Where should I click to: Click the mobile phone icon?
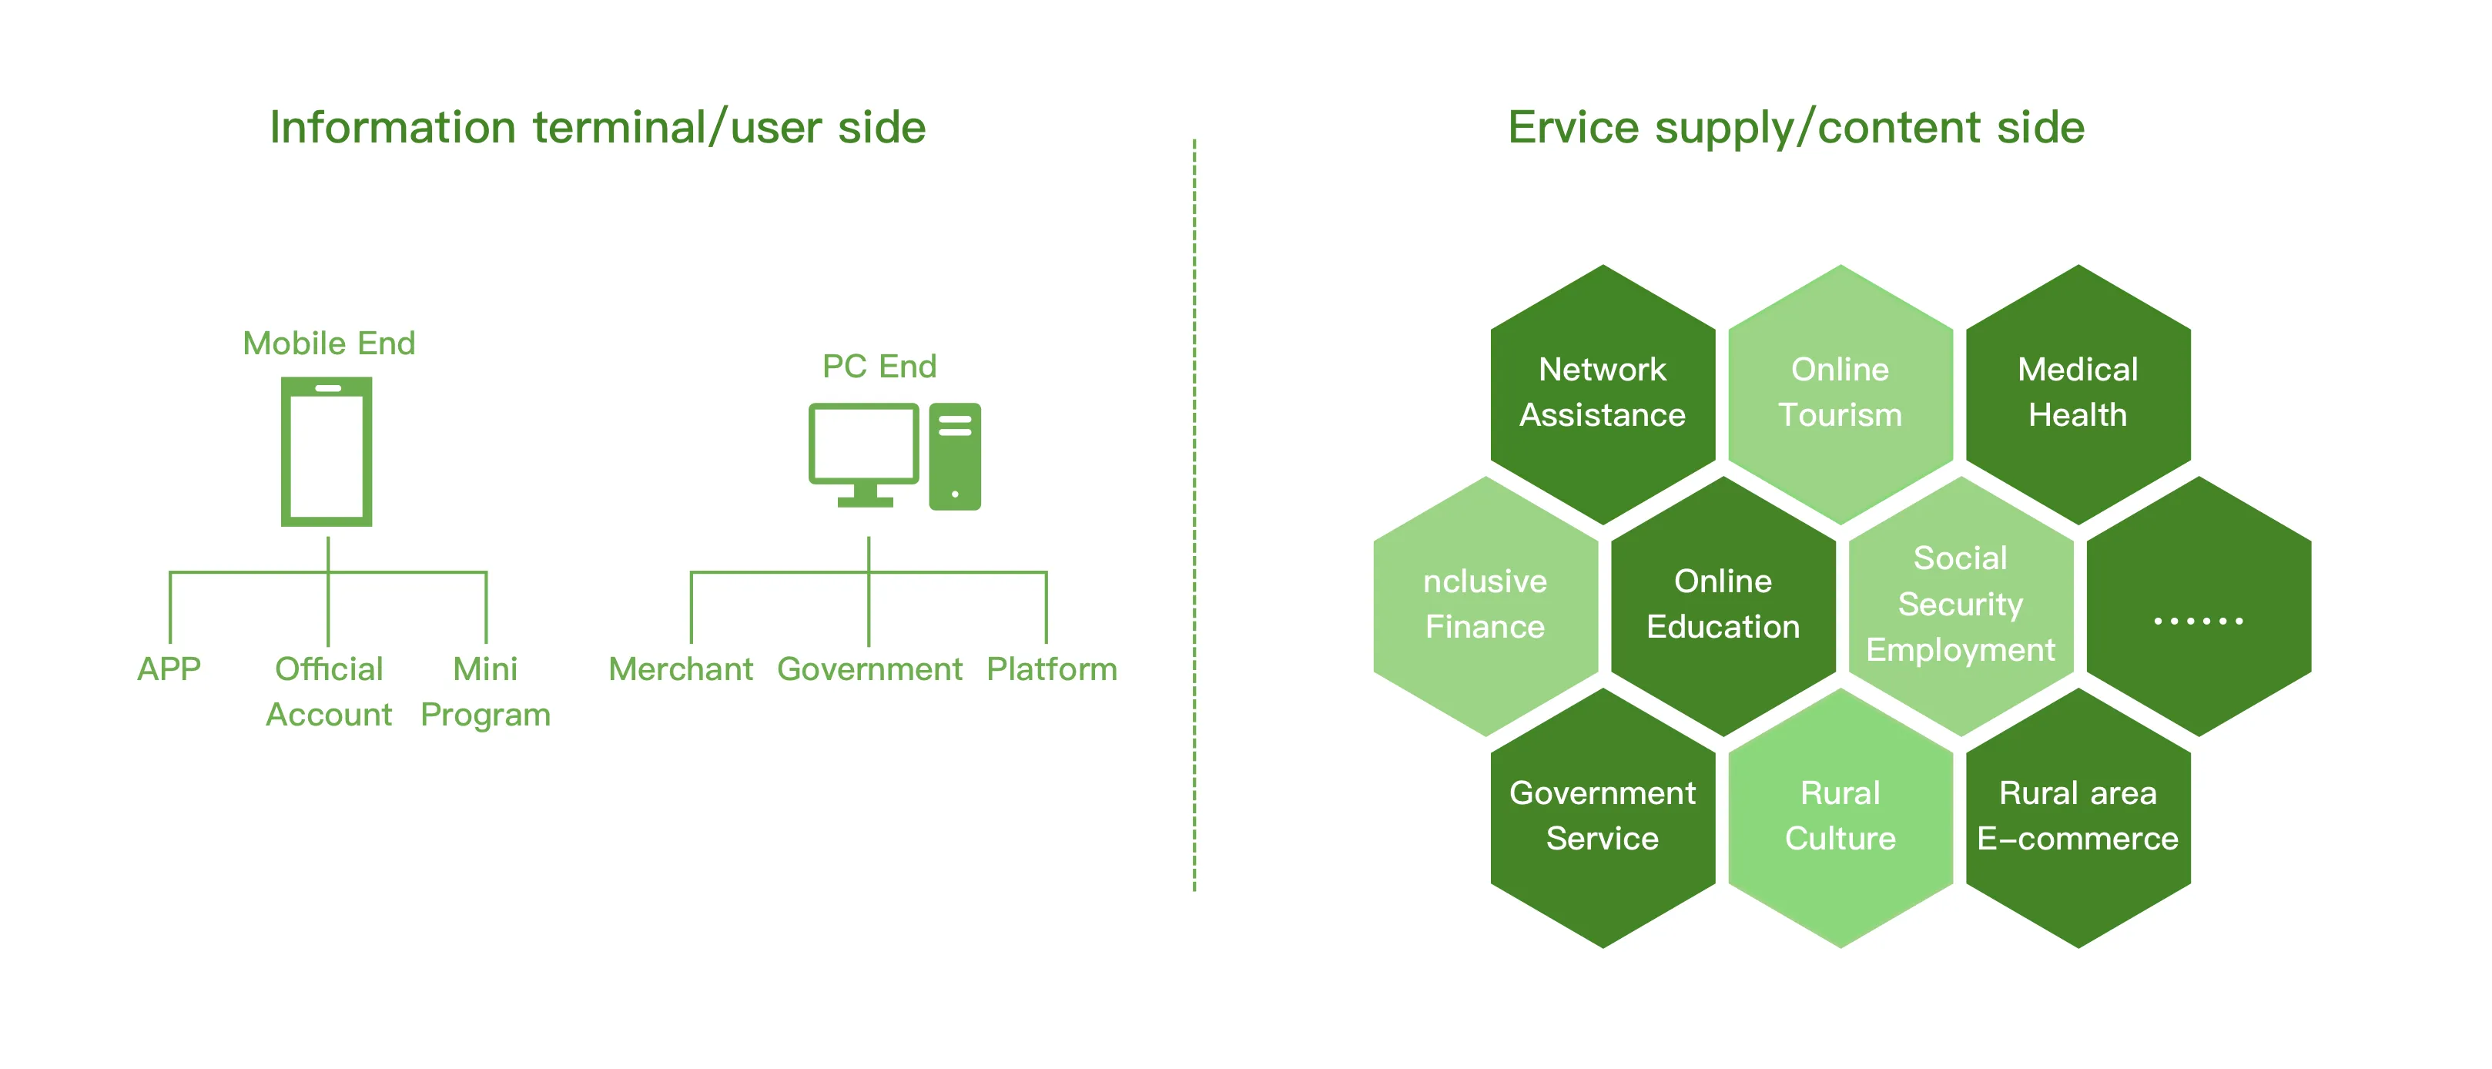click(x=327, y=452)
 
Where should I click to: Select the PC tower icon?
click(x=955, y=457)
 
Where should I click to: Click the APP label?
click(x=169, y=669)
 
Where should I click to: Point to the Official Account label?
click(x=329, y=691)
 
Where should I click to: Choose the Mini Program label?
click(x=486, y=691)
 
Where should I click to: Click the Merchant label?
click(x=680, y=669)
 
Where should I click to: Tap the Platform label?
click(x=1052, y=669)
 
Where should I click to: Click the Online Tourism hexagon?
click(x=1840, y=393)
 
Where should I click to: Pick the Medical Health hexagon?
click(x=2078, y=393)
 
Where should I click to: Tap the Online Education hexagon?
click(x=1723, y=605)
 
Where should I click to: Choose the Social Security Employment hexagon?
click(x=1961, y=605)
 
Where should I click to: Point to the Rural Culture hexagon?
click(x=1840, y=816)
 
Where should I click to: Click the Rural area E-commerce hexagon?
click(x=2078, y=816)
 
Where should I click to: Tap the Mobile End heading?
click(x=329, y=343)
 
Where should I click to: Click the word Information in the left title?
click(x=392, y=128)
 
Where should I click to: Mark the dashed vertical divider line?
click(x=1194, y=513)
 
